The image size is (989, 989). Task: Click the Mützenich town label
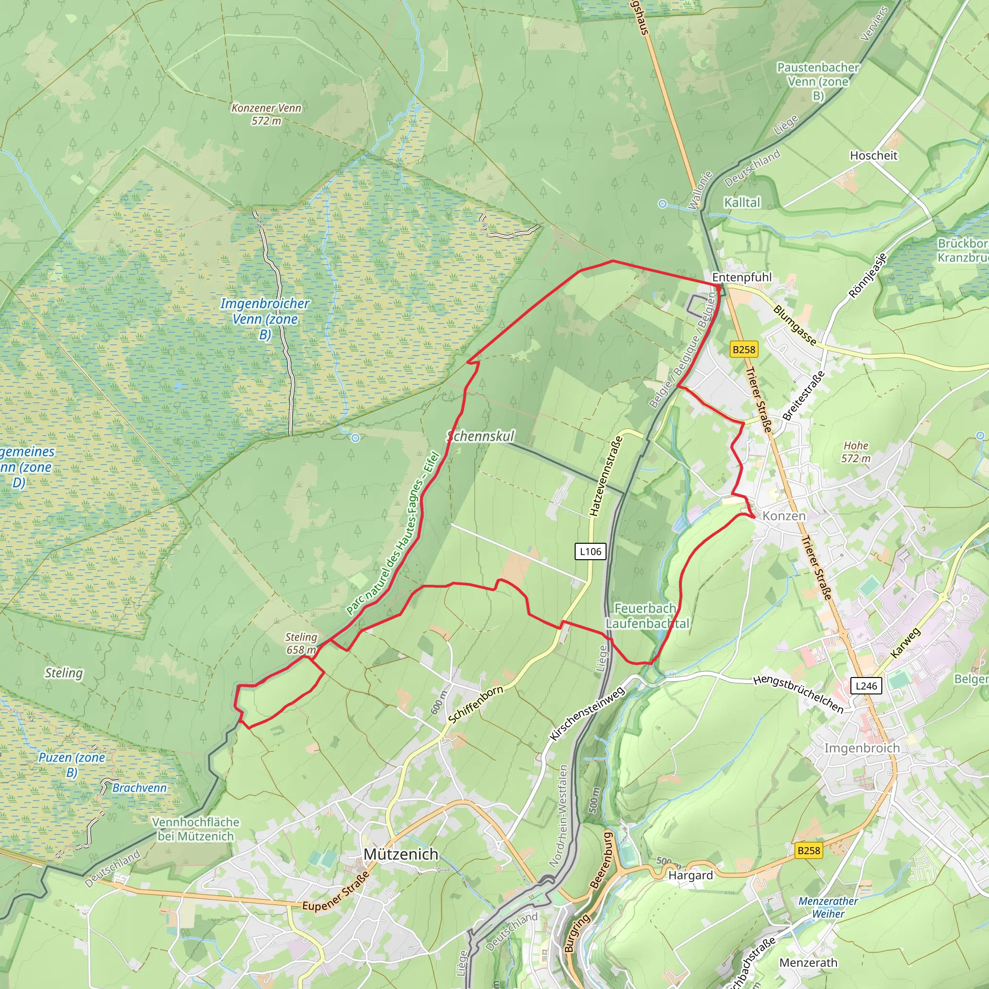[x=400, y=854]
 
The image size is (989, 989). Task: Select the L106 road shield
[x=590, y=551]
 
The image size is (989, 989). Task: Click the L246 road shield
[x=866, y=685]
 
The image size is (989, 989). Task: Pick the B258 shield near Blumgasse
[x=743, y=349]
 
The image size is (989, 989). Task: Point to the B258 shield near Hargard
[x=808, y=850]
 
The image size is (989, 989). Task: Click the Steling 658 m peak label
[x=301, y=643]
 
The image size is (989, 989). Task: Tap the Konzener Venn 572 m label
[x=266, y=114]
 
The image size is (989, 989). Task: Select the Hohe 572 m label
[x=855, y=452]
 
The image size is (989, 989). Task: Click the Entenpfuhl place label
[x=741, y=277]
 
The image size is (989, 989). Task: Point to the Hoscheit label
[x=873, y=155]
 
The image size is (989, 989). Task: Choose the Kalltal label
[x=742, y=202]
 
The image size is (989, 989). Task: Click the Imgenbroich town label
[x=862, y=748]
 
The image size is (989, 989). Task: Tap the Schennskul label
[x=480, y=436]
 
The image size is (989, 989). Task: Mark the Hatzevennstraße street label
[x=606, y=476]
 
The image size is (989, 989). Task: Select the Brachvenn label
[x=139, y=787]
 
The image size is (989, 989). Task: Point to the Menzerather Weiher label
[x=828, y=907]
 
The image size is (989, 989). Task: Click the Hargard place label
[x=690, y=875]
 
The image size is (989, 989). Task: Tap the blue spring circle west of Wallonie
[x=662, y=204]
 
